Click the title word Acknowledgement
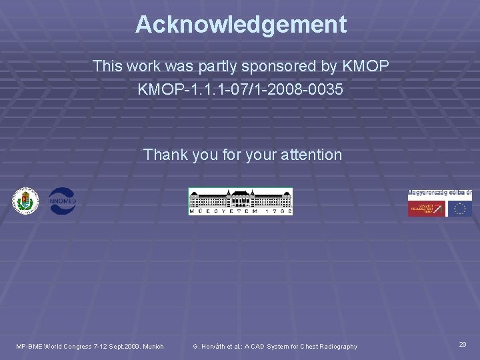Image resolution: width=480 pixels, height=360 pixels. tap(241, 25)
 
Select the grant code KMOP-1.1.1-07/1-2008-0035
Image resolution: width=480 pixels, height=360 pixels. tap(241, 89)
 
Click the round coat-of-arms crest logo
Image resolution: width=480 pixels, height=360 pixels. tap(26, 201)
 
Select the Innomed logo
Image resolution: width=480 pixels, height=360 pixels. tap(61, 201)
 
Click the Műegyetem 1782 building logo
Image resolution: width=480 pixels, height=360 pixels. tap(240, 201)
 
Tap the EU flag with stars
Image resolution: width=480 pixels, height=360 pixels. tap(459, 209)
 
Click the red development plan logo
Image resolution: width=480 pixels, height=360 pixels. tap(427, 209)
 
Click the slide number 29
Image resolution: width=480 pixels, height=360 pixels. tap(463, 344)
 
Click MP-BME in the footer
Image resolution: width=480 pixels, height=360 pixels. tap(29, 346)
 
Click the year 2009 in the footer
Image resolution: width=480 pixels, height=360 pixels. tap(130, 346)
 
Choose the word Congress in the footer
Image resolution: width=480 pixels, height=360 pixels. tap(77, 346)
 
